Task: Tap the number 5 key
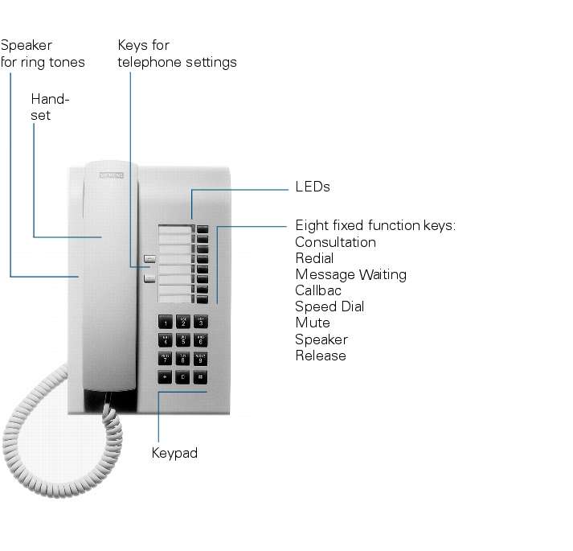click(183, 340)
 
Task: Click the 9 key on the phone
click(200, 358)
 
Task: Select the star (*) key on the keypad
click(166, 376)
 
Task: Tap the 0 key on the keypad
click(183, 376)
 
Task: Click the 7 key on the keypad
click(166, 358)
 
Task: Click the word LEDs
click(313, 187)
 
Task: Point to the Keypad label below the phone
click(174, 453)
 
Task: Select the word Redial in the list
click(314, 258)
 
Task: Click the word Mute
click(313, 323)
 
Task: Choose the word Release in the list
click(321, 356)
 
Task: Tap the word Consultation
click(335, 242)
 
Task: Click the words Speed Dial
click(329, 306)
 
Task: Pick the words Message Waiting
click(350, 274)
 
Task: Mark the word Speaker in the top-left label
click(27, 45)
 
